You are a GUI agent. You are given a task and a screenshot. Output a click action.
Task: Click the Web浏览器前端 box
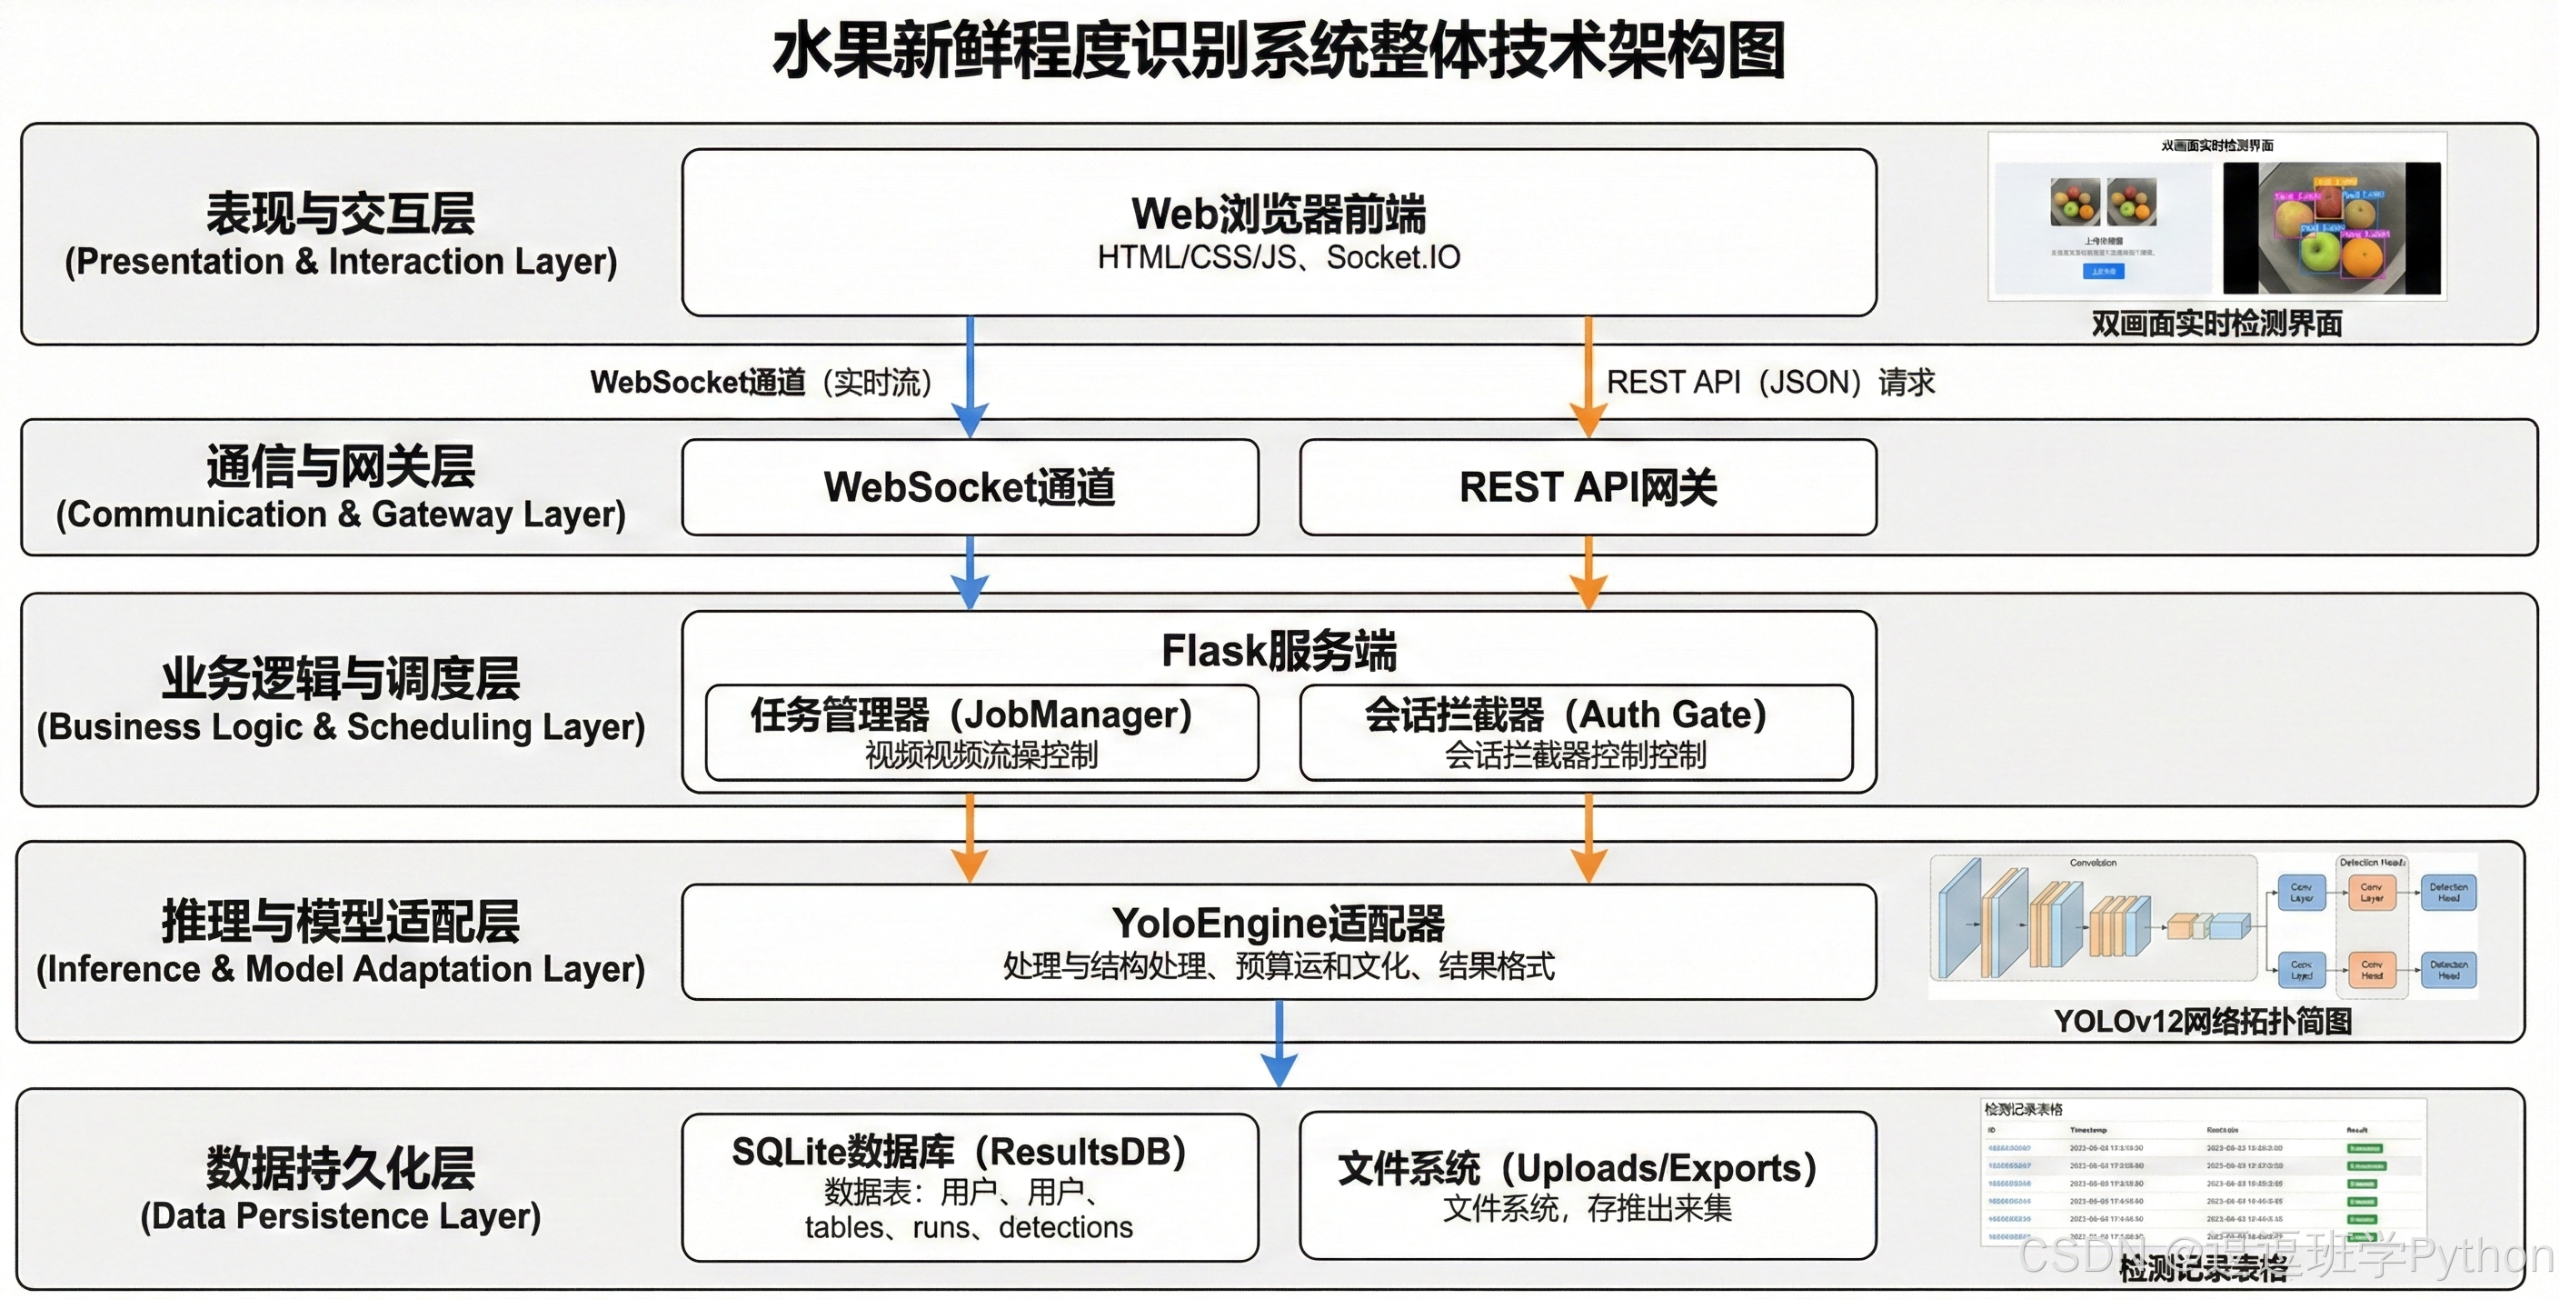pos(1279,233)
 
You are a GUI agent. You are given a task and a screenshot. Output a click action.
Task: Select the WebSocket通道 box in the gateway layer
pos(970,487)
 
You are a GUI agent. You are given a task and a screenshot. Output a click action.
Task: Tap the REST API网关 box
pos(1588,487)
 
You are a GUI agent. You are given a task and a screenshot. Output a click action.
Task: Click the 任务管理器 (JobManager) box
pos(981,733)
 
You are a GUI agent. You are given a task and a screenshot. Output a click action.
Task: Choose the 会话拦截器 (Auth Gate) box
pos(1576,733)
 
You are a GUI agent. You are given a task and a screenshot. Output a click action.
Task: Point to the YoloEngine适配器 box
pos(1279,941)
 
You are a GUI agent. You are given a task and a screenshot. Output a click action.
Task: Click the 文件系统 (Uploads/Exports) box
pos(1588,1184)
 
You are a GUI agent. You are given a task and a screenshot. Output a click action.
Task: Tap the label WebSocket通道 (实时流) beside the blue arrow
pos(761,382)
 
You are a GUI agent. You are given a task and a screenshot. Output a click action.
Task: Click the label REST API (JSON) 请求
pos(1770,382)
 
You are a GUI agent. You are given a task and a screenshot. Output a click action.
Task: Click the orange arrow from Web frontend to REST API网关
pos(1588,377)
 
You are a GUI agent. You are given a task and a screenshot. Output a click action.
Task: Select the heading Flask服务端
pos(1279,651)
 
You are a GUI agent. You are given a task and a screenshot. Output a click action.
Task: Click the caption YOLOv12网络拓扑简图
pos(2203,1021)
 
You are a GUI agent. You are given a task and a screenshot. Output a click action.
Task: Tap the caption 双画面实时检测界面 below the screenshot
pos(2216,324)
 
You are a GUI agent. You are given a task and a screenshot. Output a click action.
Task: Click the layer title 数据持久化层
pos(341,1167)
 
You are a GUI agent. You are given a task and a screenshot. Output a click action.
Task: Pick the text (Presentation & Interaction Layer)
pos(341,262)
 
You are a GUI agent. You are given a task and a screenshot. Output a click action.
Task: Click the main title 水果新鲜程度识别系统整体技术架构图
pos(1279,52)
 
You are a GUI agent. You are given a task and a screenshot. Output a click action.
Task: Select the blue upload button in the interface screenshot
pos(2103,271)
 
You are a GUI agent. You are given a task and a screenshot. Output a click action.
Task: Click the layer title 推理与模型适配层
pos(341,922)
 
